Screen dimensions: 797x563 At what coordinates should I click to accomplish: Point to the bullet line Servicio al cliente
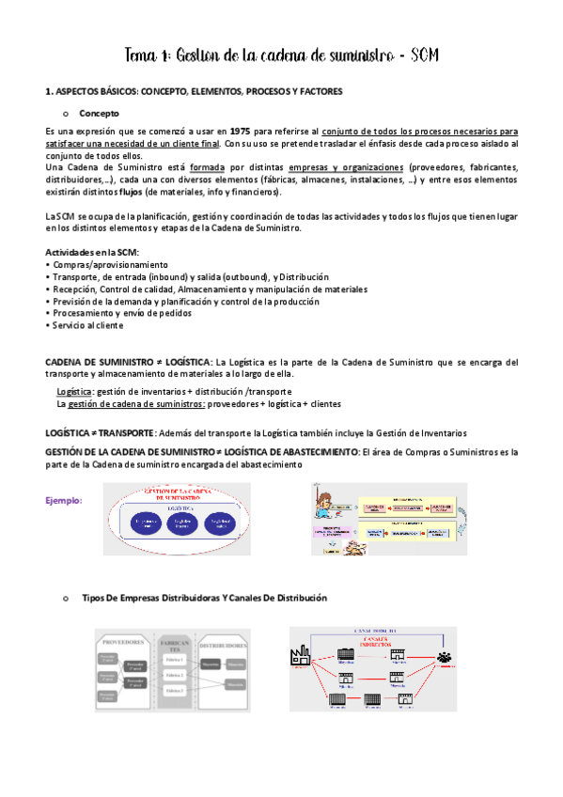click(x=87, y=325)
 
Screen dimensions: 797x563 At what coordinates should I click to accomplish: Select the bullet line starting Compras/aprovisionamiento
click(x=106, y=266)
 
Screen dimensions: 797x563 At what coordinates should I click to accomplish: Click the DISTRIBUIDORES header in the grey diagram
click(x=224, y=647)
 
